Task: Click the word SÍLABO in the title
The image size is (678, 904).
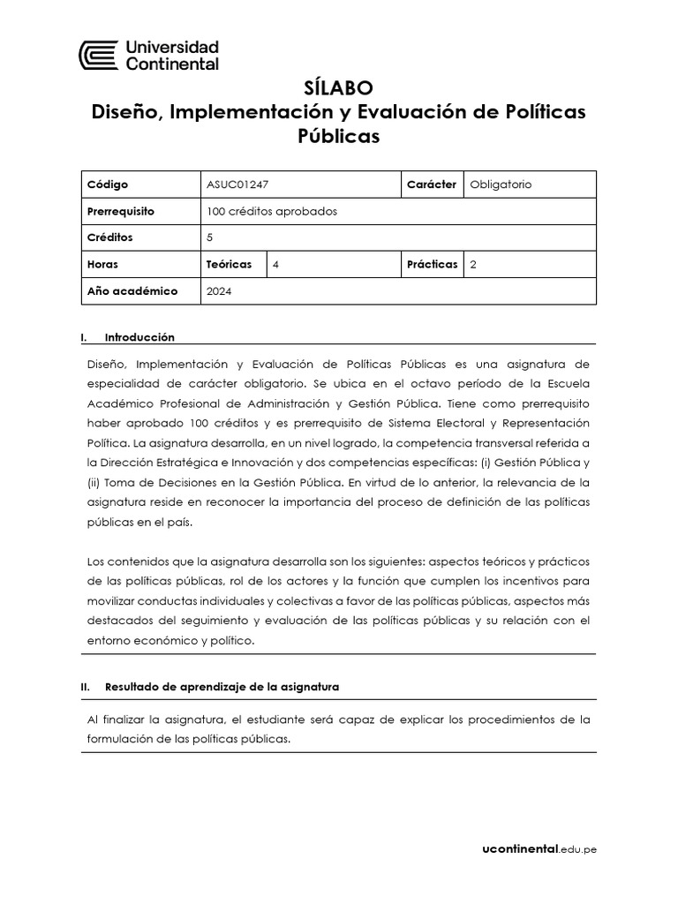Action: click(x=338, y=88)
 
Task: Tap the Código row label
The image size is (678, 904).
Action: click(x=108, y=185)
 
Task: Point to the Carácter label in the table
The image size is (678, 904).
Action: click(x=431, y=185)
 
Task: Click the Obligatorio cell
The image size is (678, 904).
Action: click(x=501, y=185)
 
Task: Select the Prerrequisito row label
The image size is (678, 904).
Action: click(x=121, y=211)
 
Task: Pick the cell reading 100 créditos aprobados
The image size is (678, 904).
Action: click(x=272, y=211)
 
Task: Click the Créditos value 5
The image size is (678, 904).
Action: click(x=210, y=237)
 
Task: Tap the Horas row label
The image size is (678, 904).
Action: click(x=102, y=264)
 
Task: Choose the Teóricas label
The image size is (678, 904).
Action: click(x=229, y=264)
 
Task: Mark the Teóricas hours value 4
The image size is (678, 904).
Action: click(x=276, y=264)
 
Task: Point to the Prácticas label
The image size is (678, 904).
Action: click(x=432, y=264)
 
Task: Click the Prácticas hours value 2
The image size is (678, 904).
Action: click(x=474, y=264)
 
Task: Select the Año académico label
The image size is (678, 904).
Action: click(x=132, y=290)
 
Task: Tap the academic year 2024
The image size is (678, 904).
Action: click(x=219, y=290)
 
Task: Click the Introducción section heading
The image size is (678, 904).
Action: click(x=139, y=337)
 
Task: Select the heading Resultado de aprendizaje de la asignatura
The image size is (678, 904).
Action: click(x=222, y=686)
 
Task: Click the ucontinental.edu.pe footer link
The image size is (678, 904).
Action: click(x=539, y=849)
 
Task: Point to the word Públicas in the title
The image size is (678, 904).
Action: click(x=340, y=137)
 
